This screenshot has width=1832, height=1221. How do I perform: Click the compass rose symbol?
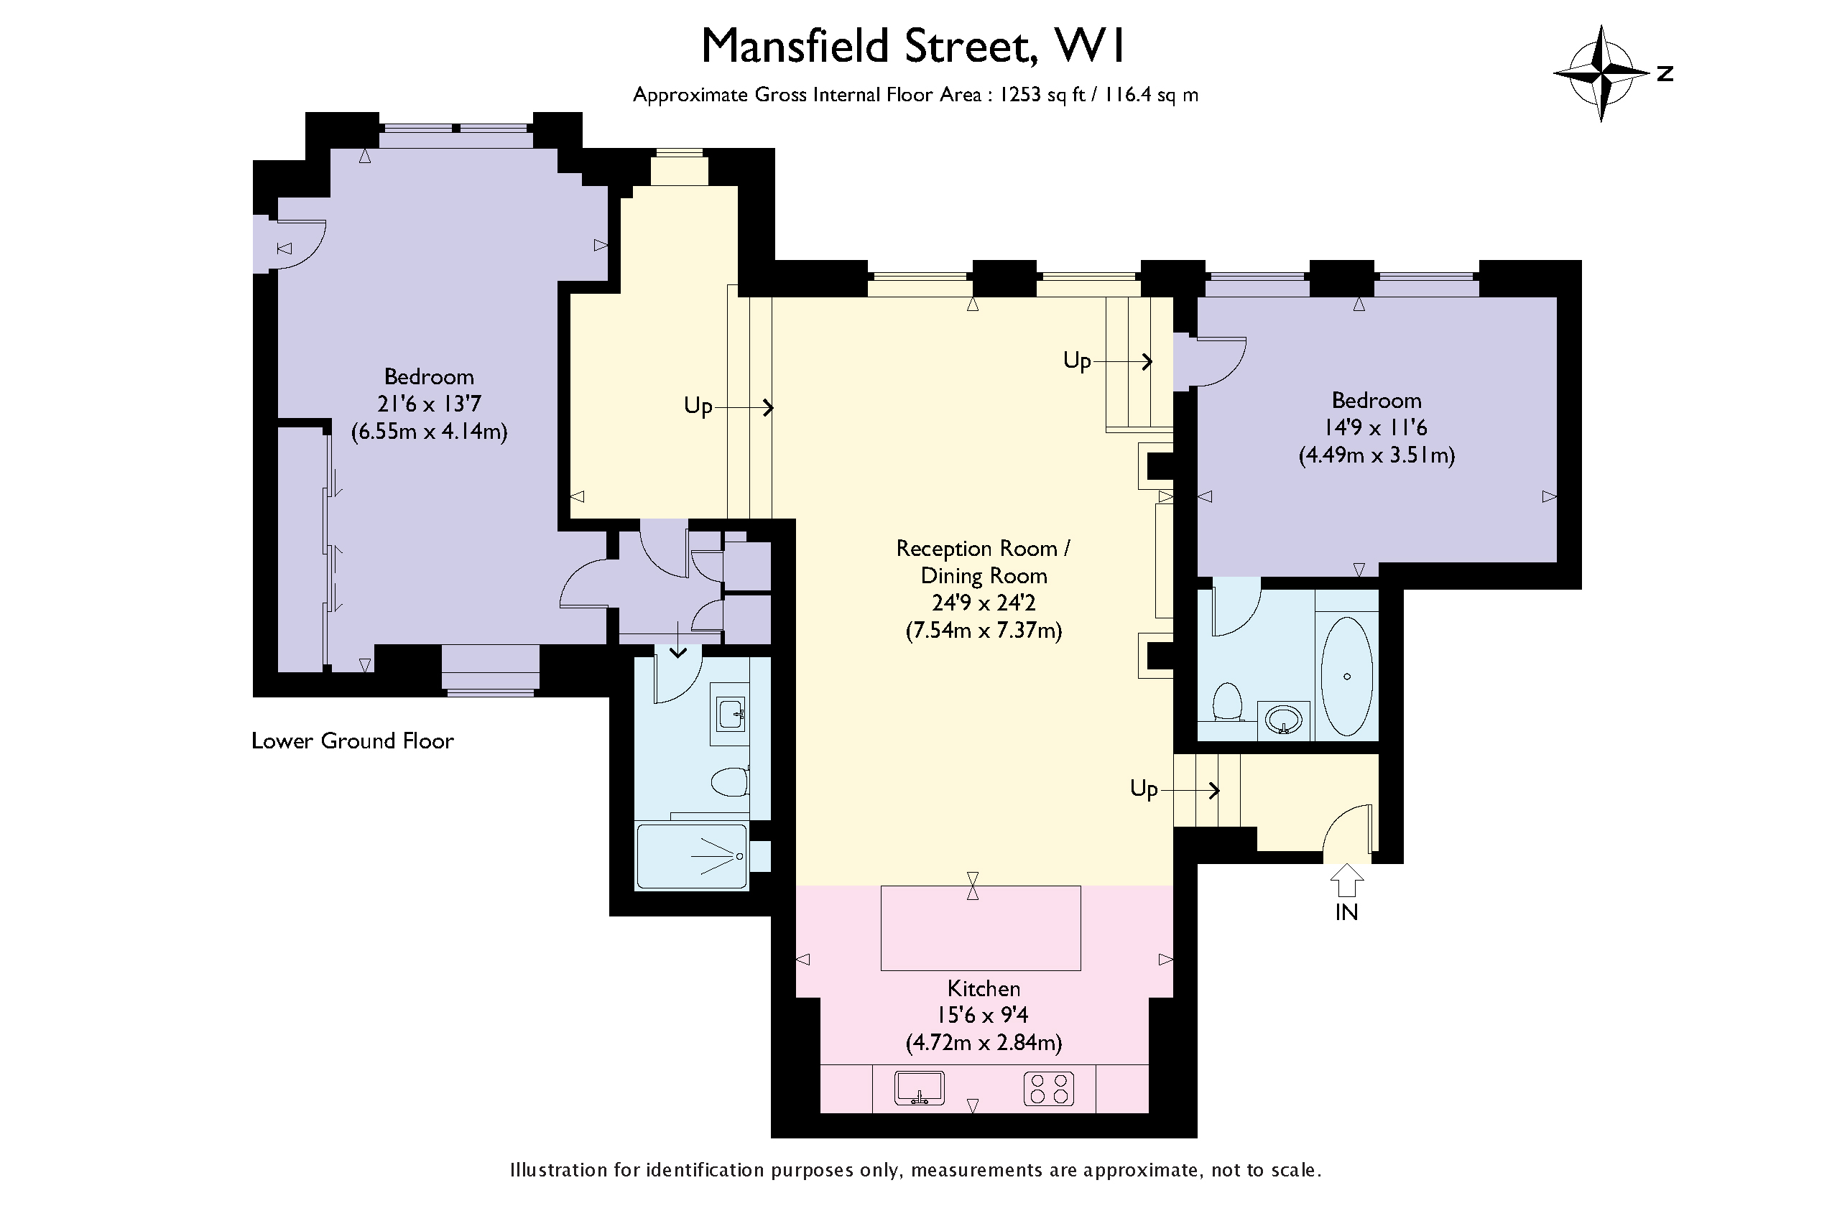(x=1601, y=74)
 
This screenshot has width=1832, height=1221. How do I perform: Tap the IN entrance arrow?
(x=1347, y=882)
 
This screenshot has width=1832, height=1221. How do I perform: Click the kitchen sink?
(x=919, y=1088)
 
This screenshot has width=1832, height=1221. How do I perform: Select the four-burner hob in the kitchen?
(x=1048, y=1089)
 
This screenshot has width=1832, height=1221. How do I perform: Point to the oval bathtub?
(x=1347, y=676)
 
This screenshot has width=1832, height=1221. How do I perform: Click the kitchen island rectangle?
(x=980, y=927)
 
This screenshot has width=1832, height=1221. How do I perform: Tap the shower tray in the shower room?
(x=692, y=857)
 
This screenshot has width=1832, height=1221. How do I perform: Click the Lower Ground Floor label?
(x=352, y=741)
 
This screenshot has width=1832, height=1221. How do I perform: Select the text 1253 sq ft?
(x=1042, y=95)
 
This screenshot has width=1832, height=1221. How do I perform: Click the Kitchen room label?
(x=983, y=988)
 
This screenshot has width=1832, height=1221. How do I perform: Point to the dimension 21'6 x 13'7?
(x=428, y=404)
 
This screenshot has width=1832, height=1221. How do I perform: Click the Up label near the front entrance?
(x=1144, y=789)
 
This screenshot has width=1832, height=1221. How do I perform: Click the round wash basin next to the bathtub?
(x=1283, y=720)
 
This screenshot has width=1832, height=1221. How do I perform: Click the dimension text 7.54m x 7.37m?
(x=983, y=630)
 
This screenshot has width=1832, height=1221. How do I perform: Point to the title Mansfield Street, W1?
(x=913, y=47)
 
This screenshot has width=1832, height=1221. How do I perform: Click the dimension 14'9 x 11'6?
(x=1376, y=427)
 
